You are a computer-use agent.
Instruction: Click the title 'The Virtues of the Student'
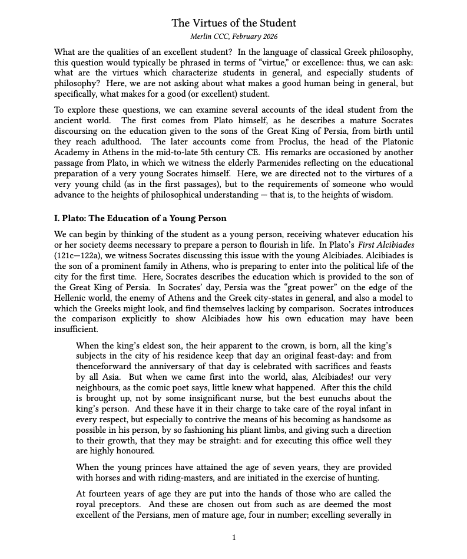234,23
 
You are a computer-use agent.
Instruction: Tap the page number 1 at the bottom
234,537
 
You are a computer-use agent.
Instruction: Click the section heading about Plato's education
140,218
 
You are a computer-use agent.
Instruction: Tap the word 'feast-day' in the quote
325,356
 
